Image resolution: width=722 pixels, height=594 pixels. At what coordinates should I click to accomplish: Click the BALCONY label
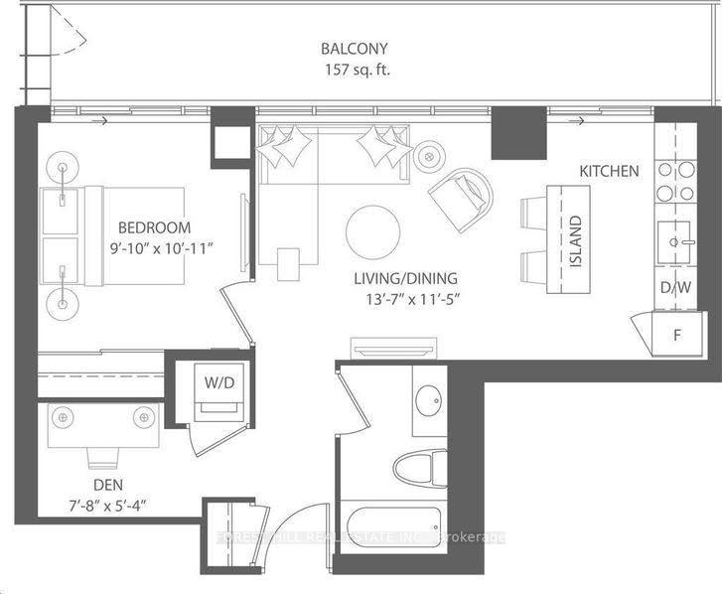[x=353, y=48]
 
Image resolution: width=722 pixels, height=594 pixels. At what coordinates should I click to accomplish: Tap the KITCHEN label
[x=609, y=171]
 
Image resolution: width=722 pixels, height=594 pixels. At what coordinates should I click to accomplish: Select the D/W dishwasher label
[x=674, y=288]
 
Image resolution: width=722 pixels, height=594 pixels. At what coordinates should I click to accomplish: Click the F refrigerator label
[x=678, y=335]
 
